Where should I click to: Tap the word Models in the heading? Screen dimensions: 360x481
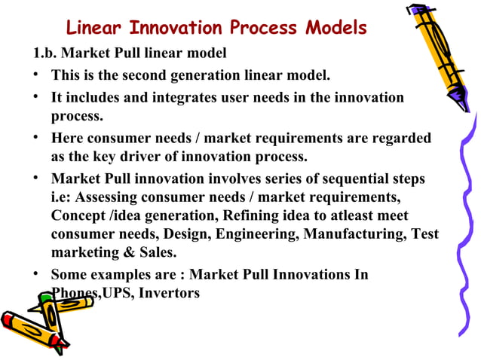coord(336,29)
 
